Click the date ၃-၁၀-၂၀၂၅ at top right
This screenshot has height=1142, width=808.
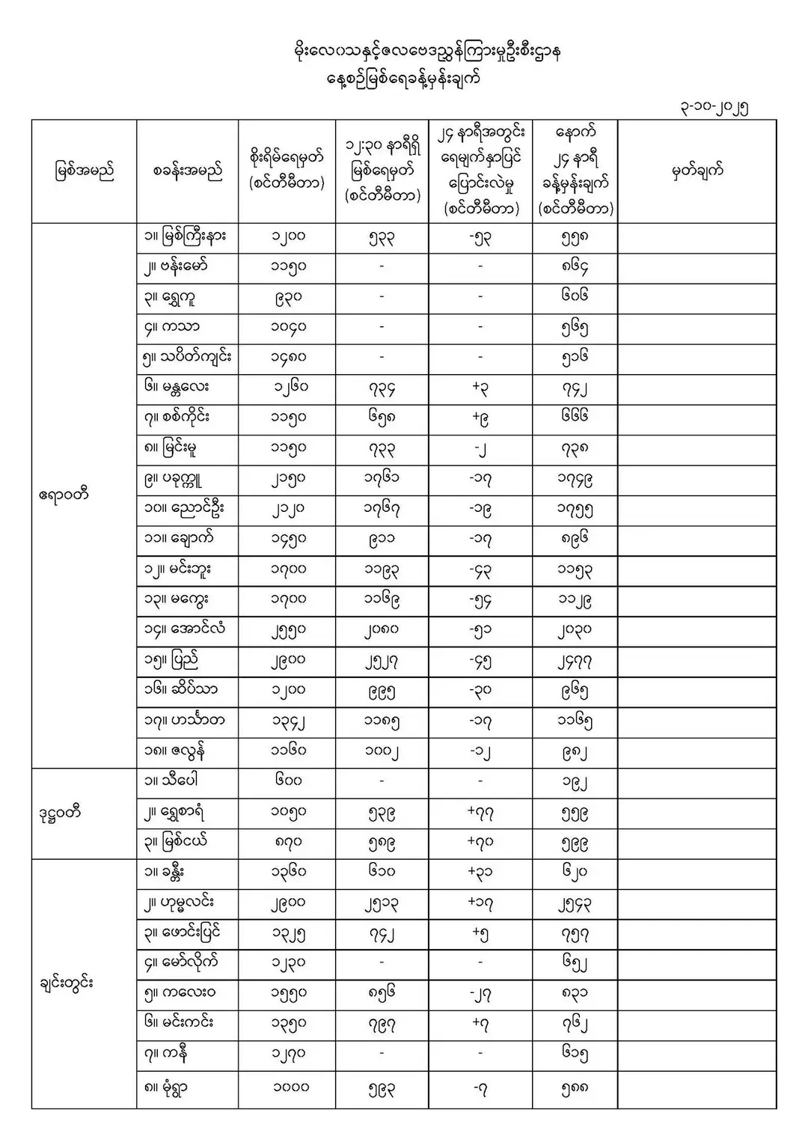pos(711,106)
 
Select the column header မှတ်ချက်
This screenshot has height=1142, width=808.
pos(697,171)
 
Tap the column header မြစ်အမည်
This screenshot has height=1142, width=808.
pos(84,171)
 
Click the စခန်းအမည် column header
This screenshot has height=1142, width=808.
pos(187,171)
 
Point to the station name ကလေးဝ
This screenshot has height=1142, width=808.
pos(180,994)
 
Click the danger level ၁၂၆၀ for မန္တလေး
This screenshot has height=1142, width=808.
pos(289,388)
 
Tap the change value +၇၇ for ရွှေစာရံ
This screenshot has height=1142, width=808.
pos(480,813)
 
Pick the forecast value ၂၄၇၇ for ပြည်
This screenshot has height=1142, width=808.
pos(575,662)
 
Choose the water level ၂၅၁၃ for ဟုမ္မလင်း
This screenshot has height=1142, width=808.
pos(382,903)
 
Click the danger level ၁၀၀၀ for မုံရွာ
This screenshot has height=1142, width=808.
pos(289,1087)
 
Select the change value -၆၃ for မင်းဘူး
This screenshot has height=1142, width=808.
pos(480,570)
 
